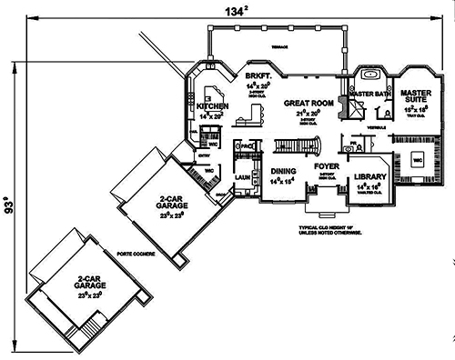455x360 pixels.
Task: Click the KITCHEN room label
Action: pyautogui.click(x=212, y=106)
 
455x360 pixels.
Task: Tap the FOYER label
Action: pyautogui.click(x=327, y=166)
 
